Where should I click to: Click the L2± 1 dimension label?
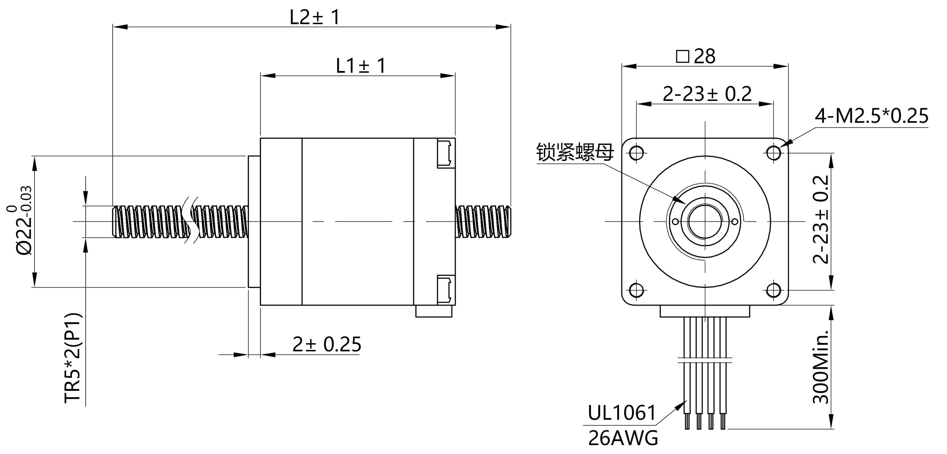pos(315,17)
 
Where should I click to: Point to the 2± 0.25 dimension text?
pos(327,344)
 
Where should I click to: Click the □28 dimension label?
pos(696,56)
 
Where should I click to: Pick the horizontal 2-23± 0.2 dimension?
pos(707,94)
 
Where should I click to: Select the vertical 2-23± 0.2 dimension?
pos(821,219)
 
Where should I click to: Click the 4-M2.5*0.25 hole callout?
pos(871,116)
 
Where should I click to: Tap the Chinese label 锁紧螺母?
pos(575,152)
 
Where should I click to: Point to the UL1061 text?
pos(622,413)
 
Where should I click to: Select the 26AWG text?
pos(623,438)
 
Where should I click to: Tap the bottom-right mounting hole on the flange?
pos(774,290)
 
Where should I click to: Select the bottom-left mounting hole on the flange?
pos(636,290)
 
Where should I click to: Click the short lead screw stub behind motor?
pos(483,222)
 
